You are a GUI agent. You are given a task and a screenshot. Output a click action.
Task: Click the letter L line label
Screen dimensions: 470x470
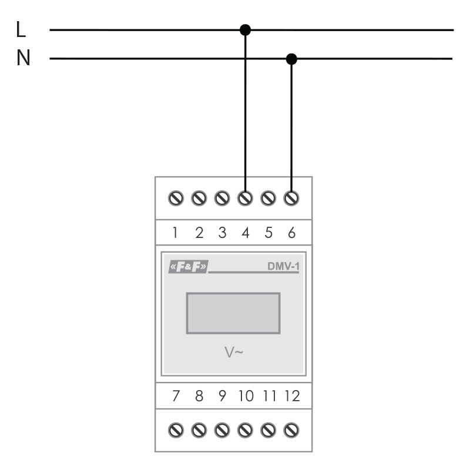tap(21, 29)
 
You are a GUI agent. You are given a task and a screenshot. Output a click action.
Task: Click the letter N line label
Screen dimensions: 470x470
tap(23, 58)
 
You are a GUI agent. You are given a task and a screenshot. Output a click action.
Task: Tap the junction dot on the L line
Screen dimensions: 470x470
tap(245, 30)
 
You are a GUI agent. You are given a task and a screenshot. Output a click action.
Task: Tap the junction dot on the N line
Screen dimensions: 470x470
tap(291, 59)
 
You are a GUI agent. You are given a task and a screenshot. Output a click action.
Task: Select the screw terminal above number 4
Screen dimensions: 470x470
tap(245, 198)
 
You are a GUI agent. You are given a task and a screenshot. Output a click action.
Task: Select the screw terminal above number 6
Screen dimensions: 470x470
tap(291, 198)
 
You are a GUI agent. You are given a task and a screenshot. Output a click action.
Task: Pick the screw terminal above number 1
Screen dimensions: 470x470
tap(176, 198)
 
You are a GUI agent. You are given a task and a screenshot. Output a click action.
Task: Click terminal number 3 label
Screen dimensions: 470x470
tap(222, 233)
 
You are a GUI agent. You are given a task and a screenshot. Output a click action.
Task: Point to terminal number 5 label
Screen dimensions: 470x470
tap(268, 233)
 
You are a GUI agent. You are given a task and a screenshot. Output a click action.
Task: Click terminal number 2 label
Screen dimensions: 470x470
tap(199, 233)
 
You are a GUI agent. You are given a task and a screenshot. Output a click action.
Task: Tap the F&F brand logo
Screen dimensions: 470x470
tap(188, 267)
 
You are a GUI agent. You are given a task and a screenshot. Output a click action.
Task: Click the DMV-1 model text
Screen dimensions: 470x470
tap(283, 266)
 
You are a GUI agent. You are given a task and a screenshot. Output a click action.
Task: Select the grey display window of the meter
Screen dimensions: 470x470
tap(233, 313)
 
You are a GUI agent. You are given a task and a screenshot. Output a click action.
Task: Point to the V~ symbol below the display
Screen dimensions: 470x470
tap(234, 352)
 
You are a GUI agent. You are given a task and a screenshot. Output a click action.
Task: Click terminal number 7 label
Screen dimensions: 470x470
tap(176, 396)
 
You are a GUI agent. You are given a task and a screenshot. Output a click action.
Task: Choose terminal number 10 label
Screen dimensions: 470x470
tap(246, 396)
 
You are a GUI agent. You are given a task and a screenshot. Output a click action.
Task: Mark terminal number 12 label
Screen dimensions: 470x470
tap(292, 396)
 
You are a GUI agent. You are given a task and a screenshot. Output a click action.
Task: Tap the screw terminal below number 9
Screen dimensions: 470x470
tap(222, 431)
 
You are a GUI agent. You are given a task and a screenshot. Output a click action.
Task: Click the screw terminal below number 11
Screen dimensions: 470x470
tap(268, 431)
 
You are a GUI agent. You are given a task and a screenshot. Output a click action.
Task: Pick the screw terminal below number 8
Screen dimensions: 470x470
tap(199, 431)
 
